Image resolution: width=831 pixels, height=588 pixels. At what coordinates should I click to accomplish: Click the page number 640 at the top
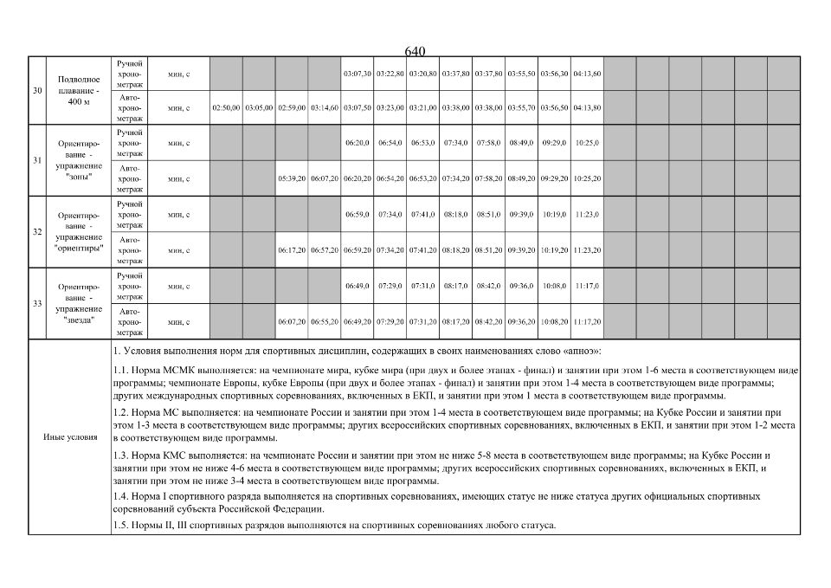click(x=415, y=52)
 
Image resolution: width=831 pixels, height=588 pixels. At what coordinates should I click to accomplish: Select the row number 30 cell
click(x=37, y=91)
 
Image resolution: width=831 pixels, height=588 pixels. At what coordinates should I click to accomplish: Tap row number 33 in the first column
click(x=37, y=304)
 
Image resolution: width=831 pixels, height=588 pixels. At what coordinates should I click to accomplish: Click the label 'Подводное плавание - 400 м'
click(x=79, y=91)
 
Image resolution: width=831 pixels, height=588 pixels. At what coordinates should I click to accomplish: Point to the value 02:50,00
click(x=226, y=108)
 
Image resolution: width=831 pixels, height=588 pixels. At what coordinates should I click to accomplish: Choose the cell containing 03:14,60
click(x=325, y=108)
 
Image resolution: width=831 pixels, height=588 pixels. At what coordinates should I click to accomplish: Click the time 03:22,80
click(x=390, y=74)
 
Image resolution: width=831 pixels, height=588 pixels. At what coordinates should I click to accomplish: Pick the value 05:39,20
click(x=292, y=179)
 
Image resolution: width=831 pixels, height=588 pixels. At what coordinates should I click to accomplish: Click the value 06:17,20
click(x=292, y=250)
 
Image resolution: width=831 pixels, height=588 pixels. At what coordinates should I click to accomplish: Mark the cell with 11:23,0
click(x=587, y=214)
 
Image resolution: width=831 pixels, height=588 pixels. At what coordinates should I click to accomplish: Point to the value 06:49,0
click(x=358, y=286)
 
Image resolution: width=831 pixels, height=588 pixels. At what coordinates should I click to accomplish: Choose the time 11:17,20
click(x=587, y=321)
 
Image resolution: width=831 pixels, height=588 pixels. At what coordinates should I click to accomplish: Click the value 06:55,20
click(x=325, y=321)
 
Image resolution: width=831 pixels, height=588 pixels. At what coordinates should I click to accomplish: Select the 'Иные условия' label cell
click(x=70, y=437)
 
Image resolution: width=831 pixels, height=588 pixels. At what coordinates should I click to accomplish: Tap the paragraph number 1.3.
click(x=122, y=455)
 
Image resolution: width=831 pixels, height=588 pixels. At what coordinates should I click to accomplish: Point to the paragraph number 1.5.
click(x=122, y=526)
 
